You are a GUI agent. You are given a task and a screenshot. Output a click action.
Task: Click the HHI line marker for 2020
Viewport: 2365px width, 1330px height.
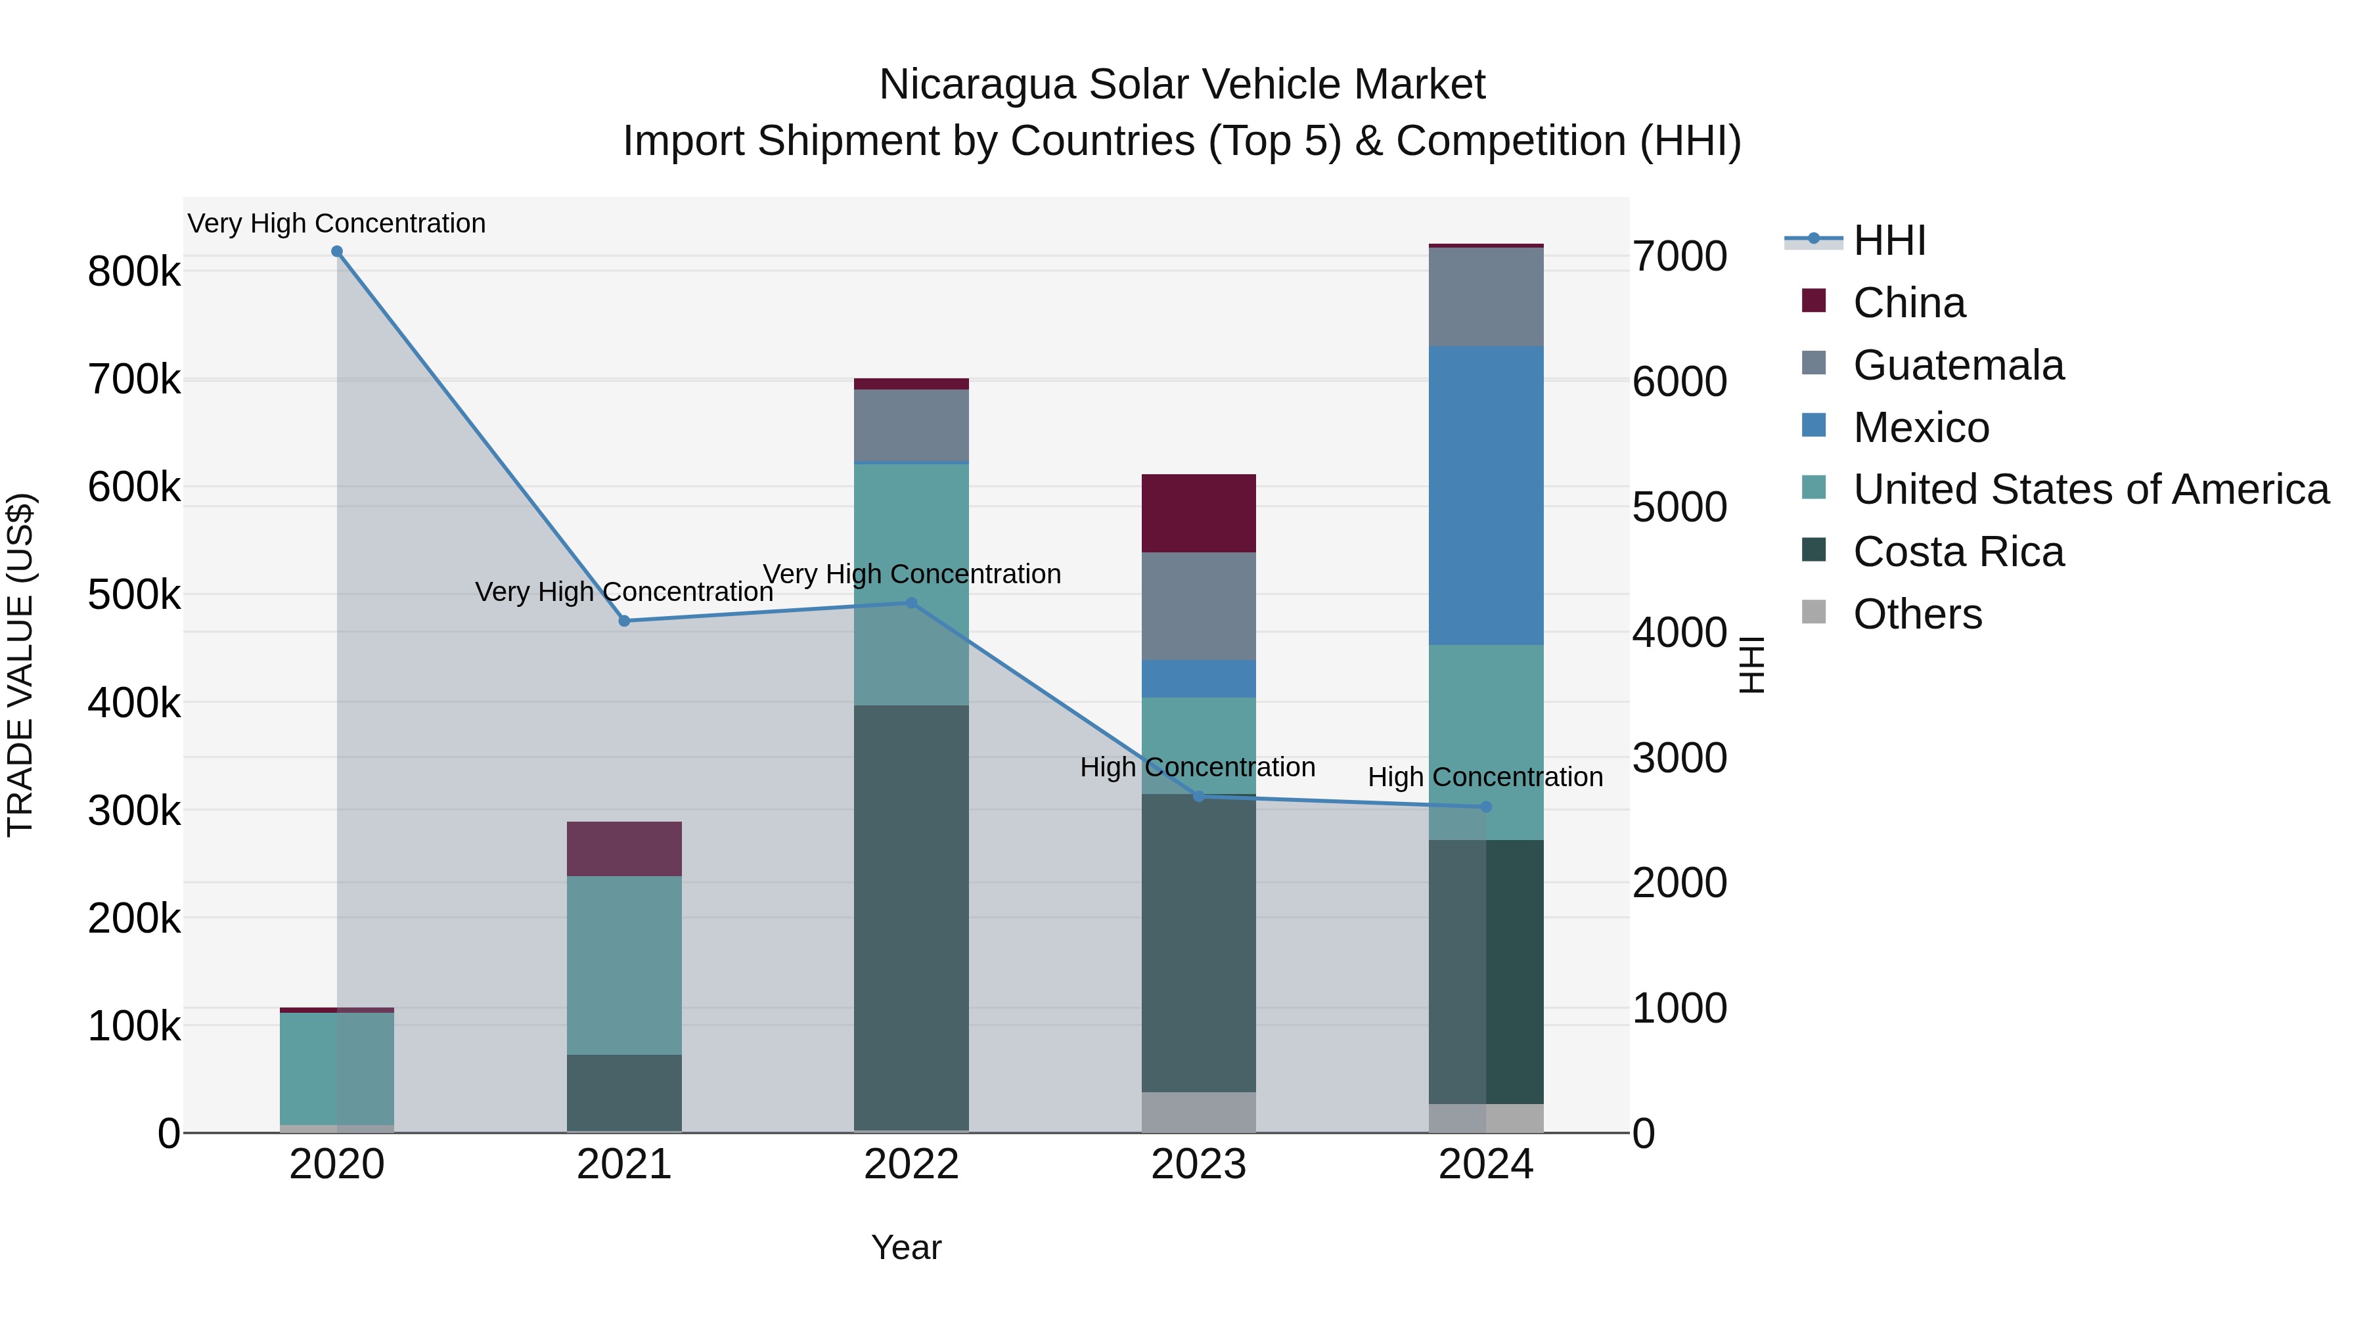pyautogui.click(x=337, y=252)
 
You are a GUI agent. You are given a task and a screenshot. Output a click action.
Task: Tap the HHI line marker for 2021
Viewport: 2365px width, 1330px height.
pyautogui.click(x=624, y=621)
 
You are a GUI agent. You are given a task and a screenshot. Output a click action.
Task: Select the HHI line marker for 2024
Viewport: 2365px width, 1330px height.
pyautogui.click(x=1485, y=807)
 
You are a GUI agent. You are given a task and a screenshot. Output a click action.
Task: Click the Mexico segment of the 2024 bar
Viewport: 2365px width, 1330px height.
pyautogui.click(x=1485, y=496)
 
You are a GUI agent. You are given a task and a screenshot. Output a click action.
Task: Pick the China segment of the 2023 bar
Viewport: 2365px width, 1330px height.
pyautogui.click(x=1198, y=513)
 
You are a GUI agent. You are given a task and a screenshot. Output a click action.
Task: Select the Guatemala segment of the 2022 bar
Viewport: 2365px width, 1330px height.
pyautogui.click(x=911, y=425)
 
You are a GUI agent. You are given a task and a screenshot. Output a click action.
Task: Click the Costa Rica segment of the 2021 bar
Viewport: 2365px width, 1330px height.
pyautogui.click(x=624, y=1092)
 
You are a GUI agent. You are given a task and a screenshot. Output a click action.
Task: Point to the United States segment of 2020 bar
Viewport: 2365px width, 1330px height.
pyautogui.click(x=337, y=1069)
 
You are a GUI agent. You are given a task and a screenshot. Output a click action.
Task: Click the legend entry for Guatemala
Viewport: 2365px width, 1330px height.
pyautogui.click(x=1958, y=365)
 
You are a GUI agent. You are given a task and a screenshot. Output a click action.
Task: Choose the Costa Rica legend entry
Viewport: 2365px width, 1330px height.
pyautogui.click(x=1958, y=552)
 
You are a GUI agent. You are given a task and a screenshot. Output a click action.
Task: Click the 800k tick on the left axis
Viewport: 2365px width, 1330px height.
pyautogui.click(x=134, y=272)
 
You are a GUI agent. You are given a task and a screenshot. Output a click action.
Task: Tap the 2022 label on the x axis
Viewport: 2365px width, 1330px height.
pyautogui.click(x=911, y=1164)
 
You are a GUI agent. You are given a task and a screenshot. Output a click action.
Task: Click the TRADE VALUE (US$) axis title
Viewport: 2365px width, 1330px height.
pyautogui.click(x=20, y=665)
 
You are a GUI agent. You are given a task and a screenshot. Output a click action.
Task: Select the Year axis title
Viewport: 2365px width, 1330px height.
pyautogui.click(x=906, y=1247)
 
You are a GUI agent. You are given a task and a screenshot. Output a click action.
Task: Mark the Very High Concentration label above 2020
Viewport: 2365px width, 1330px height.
pyautogui.click(x=337, y=223)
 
